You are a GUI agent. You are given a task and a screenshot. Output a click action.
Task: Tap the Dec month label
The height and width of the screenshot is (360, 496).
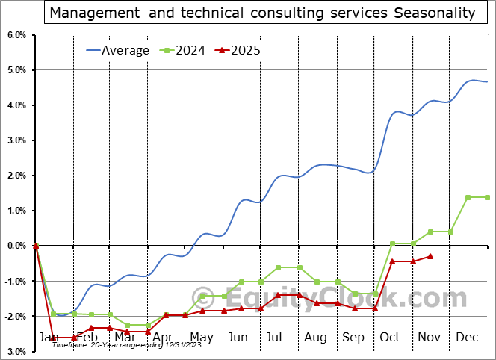pyautogui.click(x=467, y=338)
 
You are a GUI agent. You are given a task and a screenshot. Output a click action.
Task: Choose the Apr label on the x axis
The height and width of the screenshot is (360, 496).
pyautogui.click(x=162, y=338)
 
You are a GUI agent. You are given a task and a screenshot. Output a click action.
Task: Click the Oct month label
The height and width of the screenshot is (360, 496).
pyautogui.click(x=390, y=338)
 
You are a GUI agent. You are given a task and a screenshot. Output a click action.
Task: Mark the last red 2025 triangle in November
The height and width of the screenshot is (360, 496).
pyautogui.click(x=430, y=256)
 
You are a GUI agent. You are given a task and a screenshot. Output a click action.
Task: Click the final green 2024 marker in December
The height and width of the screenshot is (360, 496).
pyautogui.click(x=487, y=197)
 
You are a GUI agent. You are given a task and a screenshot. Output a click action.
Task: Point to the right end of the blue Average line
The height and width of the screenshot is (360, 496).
pyautogui.click(x=487, y=81)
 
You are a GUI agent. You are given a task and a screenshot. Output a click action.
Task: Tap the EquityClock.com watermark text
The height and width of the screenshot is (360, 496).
pyautogui.click(x=329, y=298)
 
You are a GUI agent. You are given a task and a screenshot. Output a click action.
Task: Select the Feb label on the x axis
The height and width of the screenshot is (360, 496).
pyautogui.click(x=87, y=338)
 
